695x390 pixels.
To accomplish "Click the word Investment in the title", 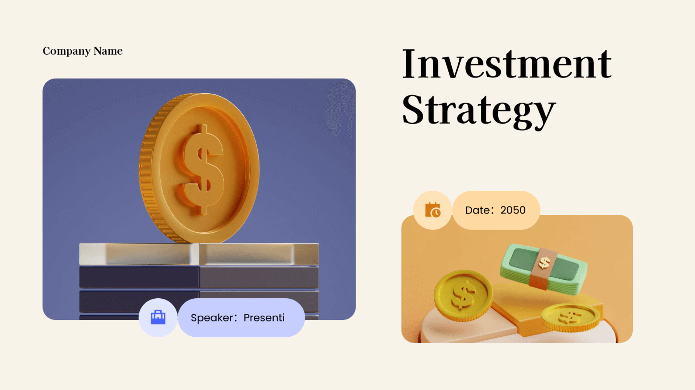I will coord(507,64).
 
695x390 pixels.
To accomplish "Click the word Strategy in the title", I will coord(479,111).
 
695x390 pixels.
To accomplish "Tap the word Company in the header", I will coord(66,51).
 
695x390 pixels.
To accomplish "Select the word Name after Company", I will coord(108,51).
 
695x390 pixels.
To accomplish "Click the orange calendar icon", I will coord(432,210).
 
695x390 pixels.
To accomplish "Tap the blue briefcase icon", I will coord(158,318).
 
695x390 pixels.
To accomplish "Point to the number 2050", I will coord(513,210).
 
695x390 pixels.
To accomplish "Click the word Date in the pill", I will coord(478,210).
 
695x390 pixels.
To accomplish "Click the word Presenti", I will coord(264,318).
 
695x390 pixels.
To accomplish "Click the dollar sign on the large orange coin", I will coord(203,170).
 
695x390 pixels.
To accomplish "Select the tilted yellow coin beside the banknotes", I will coord(463,295).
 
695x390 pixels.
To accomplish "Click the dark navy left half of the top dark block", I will coord(139,277).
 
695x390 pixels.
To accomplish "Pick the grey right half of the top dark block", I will coord(259,277).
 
